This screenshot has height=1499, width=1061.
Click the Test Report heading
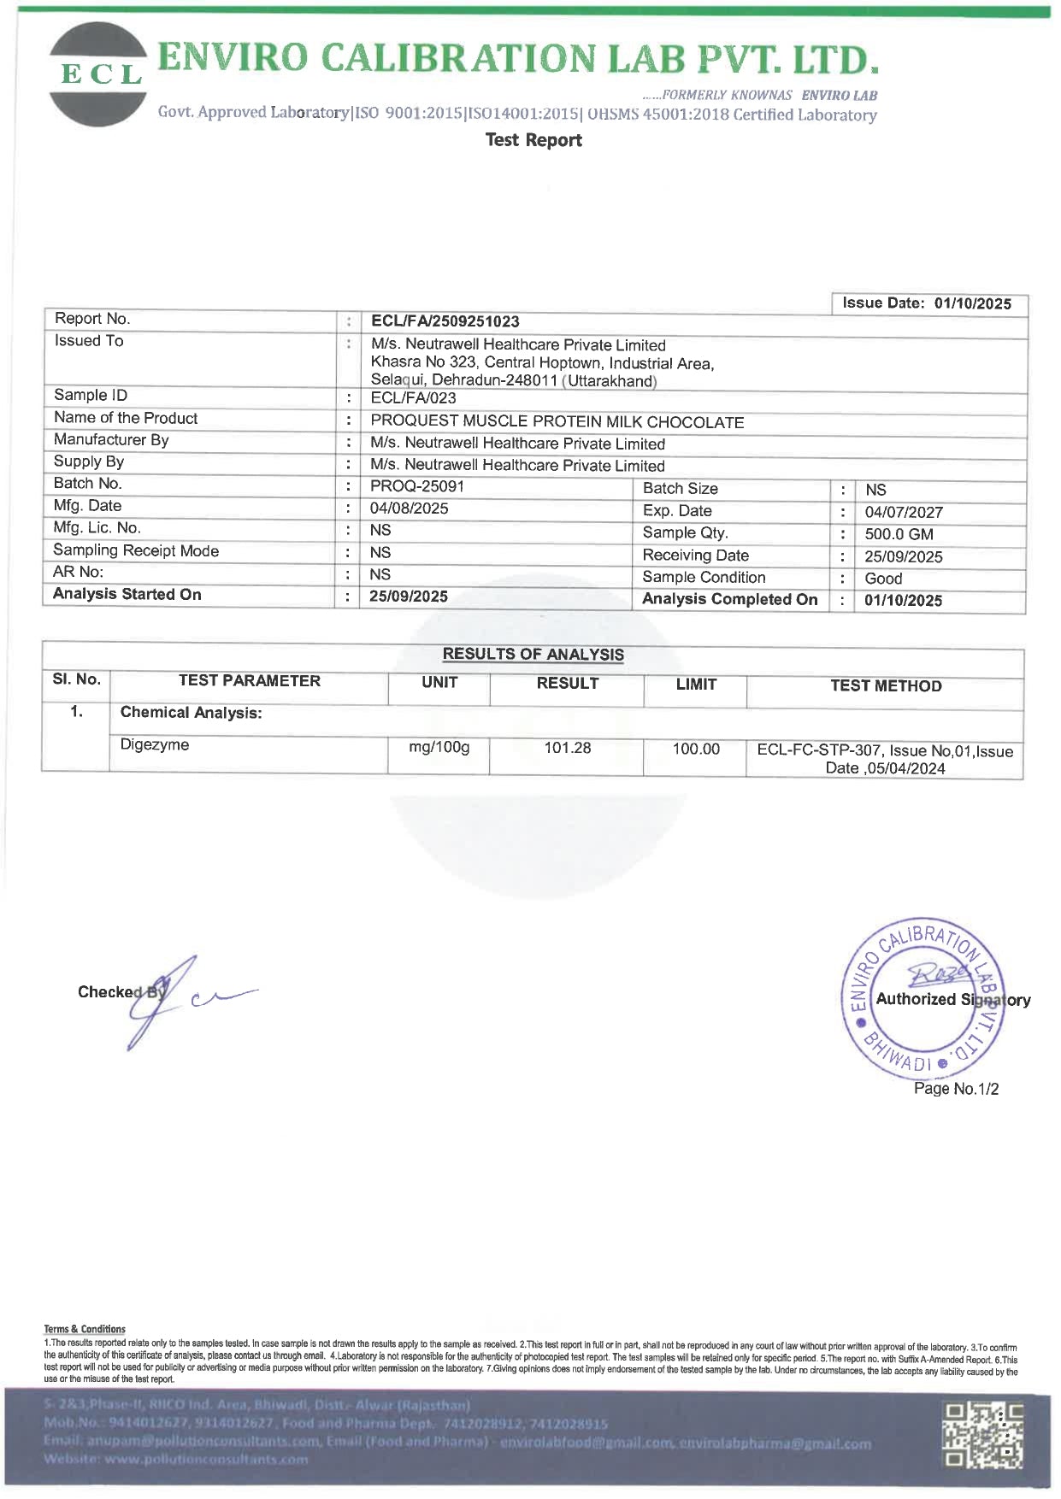click(x=533, y=140)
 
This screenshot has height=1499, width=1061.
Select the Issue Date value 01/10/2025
click(x=972, y=303)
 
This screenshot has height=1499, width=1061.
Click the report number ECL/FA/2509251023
click(x=445, y=321)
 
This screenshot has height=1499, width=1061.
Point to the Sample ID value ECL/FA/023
click(x=413, y=398)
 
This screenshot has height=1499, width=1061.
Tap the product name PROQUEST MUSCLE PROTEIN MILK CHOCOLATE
click(x=557, y=422)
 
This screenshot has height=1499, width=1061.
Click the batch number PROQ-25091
click(x=416, y=486)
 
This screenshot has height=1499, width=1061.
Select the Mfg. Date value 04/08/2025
click(x=409, y=508)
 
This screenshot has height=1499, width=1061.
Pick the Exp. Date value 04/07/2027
click(x=904, y=513)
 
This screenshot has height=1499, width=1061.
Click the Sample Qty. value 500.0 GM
click(x=899, y=534)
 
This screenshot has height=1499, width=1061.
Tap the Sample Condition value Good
click(x=883, y=579)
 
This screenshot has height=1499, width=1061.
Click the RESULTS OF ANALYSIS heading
click(x=533, y=655)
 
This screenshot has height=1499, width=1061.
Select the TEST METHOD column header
click(x=886, y=685)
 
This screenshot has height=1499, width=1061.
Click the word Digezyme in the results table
click(x=155, y=744)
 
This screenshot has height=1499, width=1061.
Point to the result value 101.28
click(x=568, y=748)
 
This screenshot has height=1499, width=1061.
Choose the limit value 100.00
click(x=696, y=749)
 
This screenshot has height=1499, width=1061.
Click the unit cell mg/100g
click(x=439, y=747)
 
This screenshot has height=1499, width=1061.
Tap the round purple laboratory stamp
click(x=924, y=998)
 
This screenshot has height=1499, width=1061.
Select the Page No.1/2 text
click(x=956, y=1089)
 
